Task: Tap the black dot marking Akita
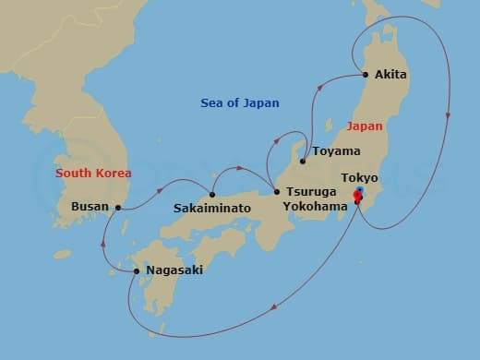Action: click(366, 75)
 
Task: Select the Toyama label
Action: click(336, 151)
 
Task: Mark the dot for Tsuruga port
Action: click(276, 192)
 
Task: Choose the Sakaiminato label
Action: click(212, 209)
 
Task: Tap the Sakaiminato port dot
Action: click(212, 194)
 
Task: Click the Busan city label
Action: click(90, 207)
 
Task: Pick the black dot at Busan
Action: click(118, 207)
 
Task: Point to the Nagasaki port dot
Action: click(138, 270)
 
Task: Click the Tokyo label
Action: click(359, 177)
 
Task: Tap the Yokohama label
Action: click(318, 207)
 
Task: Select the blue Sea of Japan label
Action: click(240, 102)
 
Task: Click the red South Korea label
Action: click(93, 173)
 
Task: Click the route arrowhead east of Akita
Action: click(449, 114)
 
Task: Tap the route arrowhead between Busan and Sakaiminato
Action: click(161, 191)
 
